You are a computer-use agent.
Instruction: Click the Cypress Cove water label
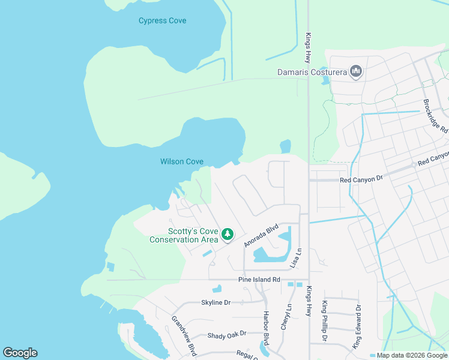[x=162, y=21]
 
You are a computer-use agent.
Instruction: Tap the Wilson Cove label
[x=181, y=161]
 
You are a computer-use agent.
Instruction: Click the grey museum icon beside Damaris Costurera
[x=356, y=72]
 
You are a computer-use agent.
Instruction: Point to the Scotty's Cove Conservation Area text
[x=184, y=235]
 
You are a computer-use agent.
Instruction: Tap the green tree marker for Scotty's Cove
[x=227, y=234]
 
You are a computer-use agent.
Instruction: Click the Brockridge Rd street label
[x=435, y=116]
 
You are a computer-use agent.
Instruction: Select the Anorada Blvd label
[x=261, y=235]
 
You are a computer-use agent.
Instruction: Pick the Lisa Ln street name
[x=295, y=257]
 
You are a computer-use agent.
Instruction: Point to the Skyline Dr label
[x=215, y=302]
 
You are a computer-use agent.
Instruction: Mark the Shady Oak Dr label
[x=227, y=335]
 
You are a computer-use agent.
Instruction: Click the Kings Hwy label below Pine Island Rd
[x=309, y=301]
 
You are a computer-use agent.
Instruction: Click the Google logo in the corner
[x=20, y=353]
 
